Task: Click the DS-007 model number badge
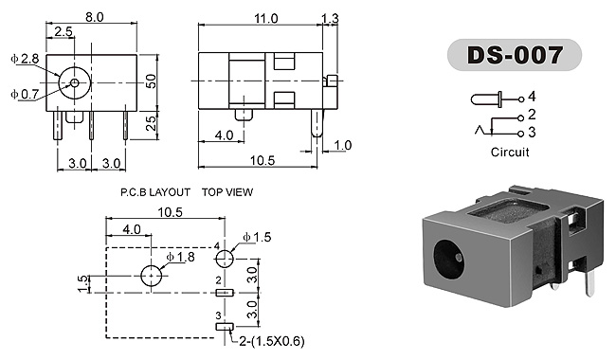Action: coord(515,55)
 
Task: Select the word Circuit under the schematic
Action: coord(510,152)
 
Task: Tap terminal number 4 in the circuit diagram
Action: coord(532,97)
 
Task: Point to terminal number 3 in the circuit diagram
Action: coord(532,133)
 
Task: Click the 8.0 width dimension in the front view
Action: coord(94,17)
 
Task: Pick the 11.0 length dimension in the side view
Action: coord(266,18)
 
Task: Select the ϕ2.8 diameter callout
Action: coord(25,59)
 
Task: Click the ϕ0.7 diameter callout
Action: coord(25,94)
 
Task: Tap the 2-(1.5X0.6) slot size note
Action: coord(272,341)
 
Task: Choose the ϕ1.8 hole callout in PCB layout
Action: coord(180,257)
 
